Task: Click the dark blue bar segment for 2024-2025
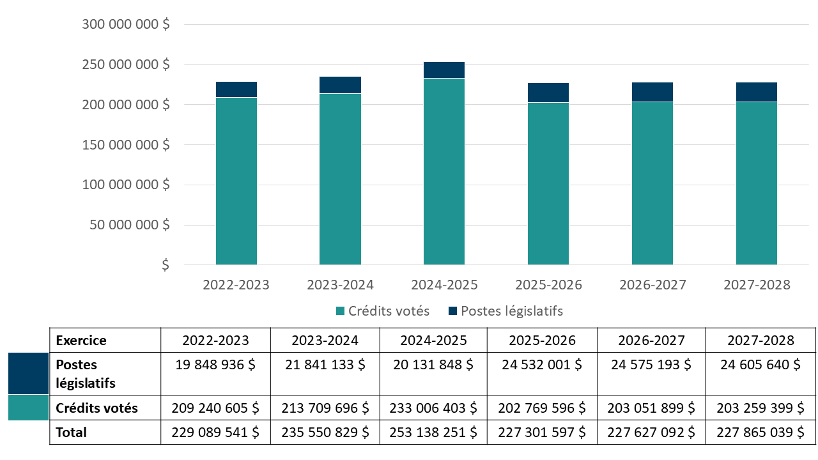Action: point(444,70)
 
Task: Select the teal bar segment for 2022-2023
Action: point(236,181)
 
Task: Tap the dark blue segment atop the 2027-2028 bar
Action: point(756,92)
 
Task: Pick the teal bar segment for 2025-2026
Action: point(548,183)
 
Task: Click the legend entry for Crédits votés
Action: point(383,311)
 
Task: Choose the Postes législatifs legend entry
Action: point(505,311)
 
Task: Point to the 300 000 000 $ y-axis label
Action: point(126,24)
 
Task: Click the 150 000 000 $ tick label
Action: point(126,144)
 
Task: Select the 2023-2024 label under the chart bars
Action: point(340,285)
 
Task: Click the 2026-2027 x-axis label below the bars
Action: point(652,285)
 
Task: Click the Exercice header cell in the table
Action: point(81,340)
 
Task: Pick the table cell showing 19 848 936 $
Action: point(215,365)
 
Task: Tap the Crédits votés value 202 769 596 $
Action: point(542,408)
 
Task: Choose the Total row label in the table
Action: point(71,433)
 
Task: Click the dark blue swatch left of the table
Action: point(28,373)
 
